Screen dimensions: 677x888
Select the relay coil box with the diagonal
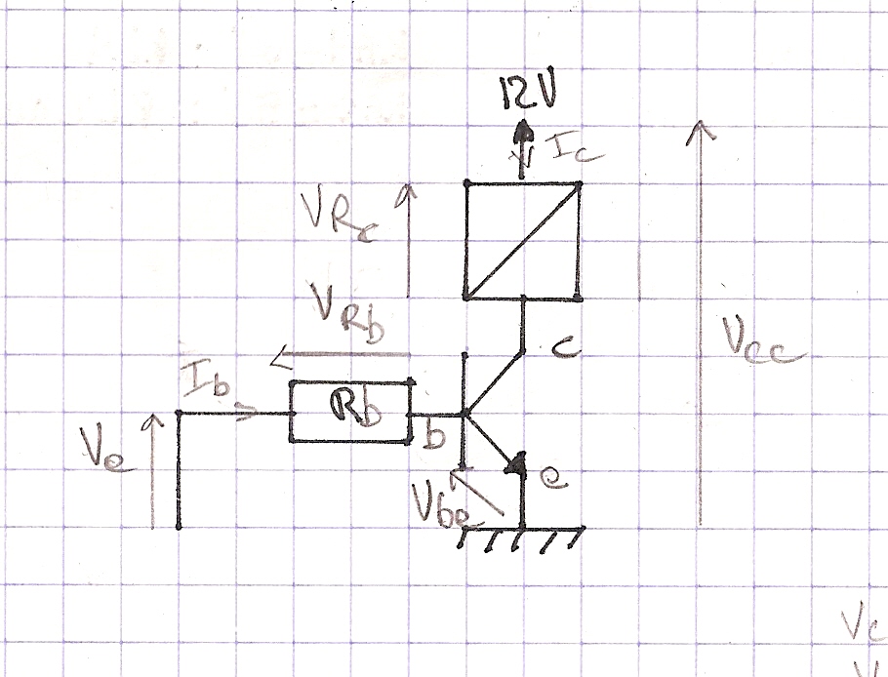pos(522,240)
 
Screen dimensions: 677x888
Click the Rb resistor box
pos(349,413)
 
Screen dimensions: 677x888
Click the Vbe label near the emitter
pos(433,499)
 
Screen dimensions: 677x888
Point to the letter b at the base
pos(434,435)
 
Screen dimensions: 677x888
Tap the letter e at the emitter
pos(552,477)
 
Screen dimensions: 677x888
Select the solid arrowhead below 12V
pos(525,130)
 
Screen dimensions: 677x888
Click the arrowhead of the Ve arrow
pos(151,419)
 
